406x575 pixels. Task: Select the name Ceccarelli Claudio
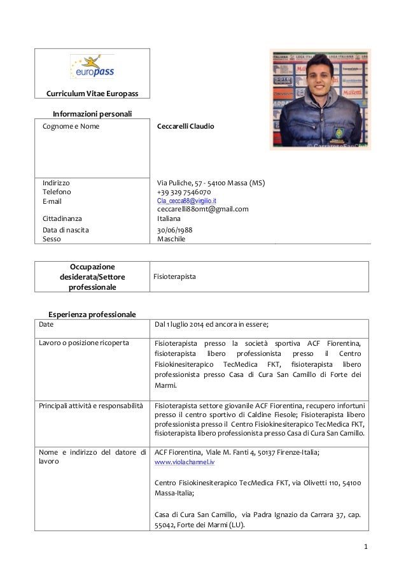(x=185, y=127)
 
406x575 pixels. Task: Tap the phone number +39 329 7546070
(x=184, y=192)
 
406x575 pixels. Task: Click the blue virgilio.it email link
(x=186, y=201)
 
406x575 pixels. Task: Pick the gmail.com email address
(x=202, y=209)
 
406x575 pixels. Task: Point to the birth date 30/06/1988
(x=175, y=230)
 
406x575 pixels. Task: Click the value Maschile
(x=171, y=239)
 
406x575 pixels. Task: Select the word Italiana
(x=169, y=218)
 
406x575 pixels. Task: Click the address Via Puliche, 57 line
(x=211, y=183)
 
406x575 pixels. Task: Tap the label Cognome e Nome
(x=71, y=127)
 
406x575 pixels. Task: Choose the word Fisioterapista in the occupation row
(x=175, y=278)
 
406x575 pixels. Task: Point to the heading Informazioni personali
(x=92, y=114)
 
